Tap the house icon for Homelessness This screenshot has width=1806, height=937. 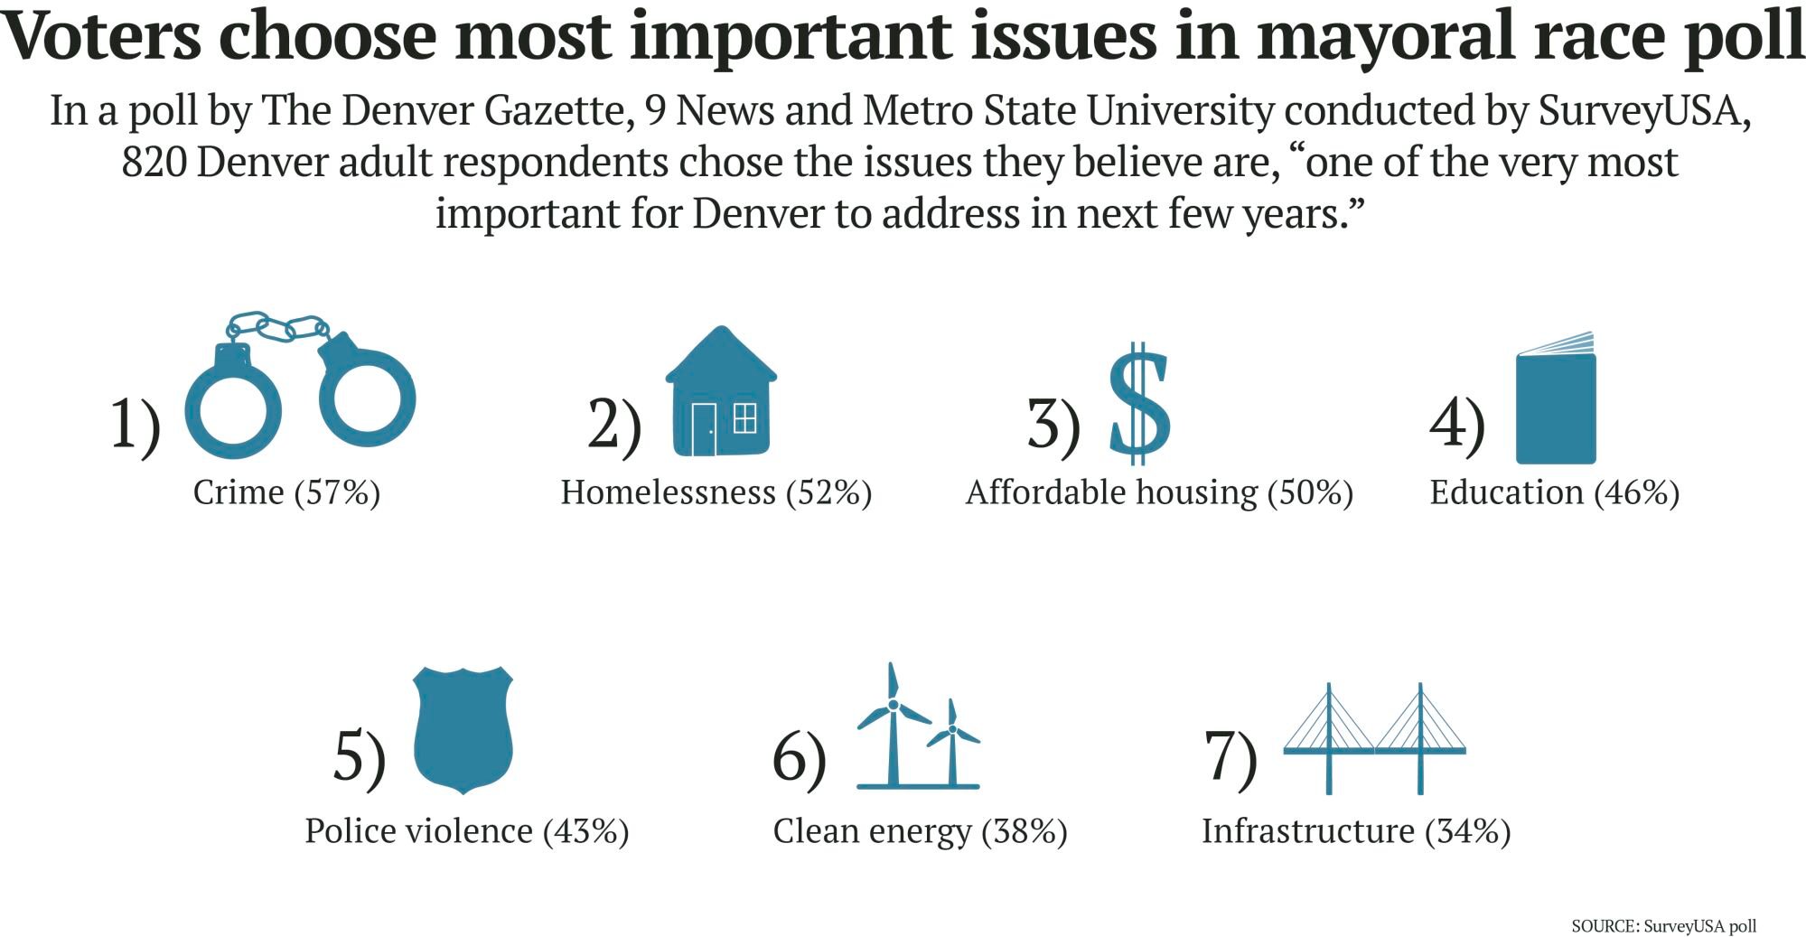[721, 393]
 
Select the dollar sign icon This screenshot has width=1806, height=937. [1139, 403]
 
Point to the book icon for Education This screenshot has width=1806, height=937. [1556, 402]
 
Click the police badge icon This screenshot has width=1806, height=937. [463, 729]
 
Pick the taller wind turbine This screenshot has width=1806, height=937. [893, 727]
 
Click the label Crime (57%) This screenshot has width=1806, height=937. [286, 492]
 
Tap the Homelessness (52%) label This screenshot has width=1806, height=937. [716, 492]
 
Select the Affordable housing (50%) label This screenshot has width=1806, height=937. [1159, 492]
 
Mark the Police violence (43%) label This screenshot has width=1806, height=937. [466, 831]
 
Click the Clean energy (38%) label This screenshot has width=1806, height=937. [920, 831]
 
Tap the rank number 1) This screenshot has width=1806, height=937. [135, 423]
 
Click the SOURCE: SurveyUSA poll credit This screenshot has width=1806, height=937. [1663, 926]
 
